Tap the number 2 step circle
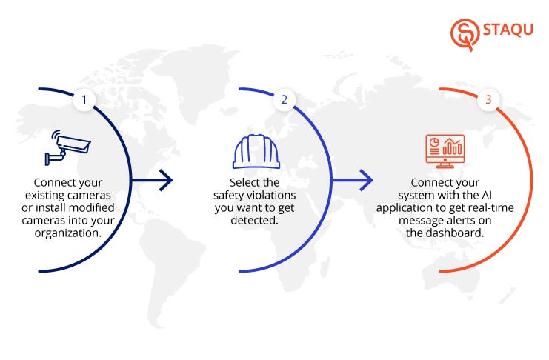coord(282,99)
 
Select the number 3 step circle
coord(488,99)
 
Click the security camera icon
coord(67,148)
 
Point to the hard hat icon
coord(256,151)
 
